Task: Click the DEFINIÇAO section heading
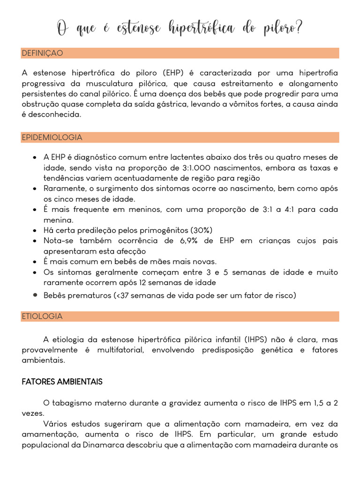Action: (42, 53)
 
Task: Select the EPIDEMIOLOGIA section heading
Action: (52, 137)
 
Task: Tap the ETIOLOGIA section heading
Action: (42, 316)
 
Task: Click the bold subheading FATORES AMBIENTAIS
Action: (62, 382)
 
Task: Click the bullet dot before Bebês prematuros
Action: (35, 295)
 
